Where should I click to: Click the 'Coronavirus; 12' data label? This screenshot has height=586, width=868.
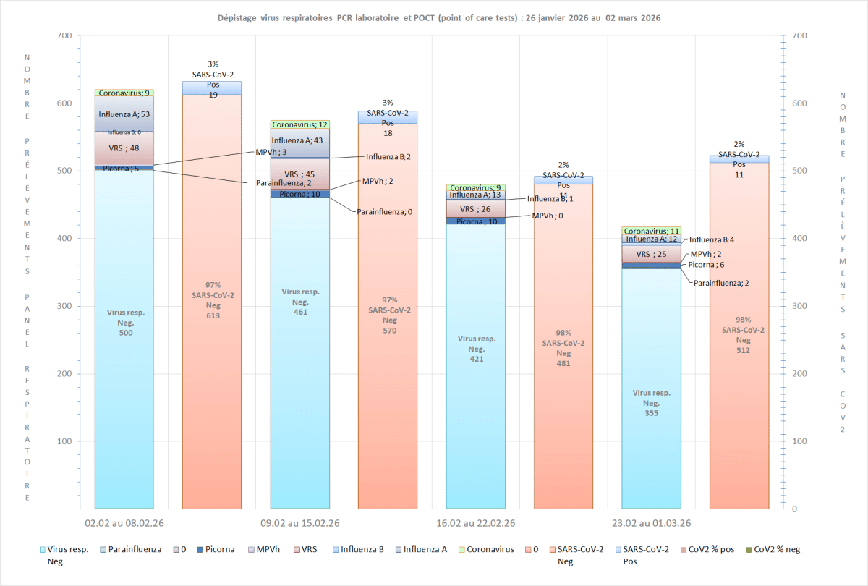pos(300,125)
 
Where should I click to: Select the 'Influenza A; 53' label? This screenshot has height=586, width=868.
pos(124,114)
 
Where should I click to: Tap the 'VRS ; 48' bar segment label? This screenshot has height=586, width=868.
pos(124,148)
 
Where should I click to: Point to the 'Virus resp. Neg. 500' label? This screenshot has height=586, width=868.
pos(126,323)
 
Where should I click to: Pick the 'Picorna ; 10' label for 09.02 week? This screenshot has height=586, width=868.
pos(300,194)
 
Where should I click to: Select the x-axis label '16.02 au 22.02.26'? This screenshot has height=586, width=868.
pos(475,523)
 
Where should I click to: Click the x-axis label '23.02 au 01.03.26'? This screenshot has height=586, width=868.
pos(650,523)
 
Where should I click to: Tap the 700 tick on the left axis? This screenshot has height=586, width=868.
pos(63,36)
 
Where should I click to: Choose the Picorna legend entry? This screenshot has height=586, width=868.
pos(216,549)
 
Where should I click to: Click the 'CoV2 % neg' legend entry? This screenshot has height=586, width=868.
pos(777,549)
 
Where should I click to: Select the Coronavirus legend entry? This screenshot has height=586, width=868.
pos(490,549)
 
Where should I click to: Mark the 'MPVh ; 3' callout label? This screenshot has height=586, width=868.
pos(271,153)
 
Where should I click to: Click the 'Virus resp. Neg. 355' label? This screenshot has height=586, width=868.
pos(652,403)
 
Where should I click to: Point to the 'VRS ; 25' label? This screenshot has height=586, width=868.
pos(651,255)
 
